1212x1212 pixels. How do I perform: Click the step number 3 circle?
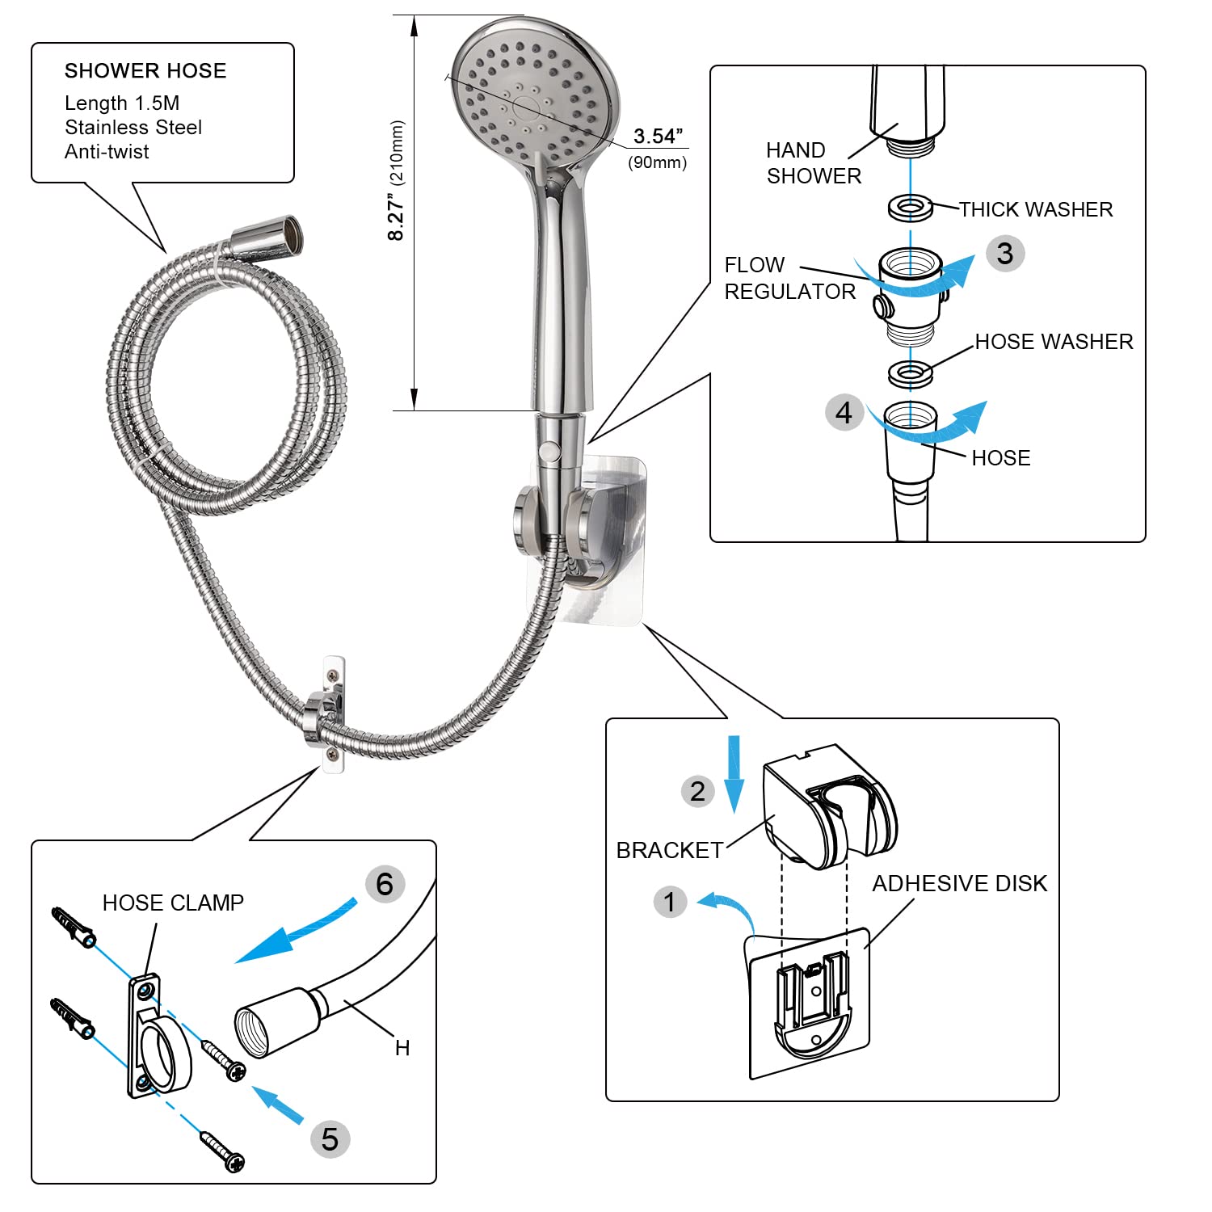click(x=1005, y=254)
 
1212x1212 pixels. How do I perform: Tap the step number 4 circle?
click(x=844, y=413)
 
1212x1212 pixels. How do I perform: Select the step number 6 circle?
click(x=385, y=884)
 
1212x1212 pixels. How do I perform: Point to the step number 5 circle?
click(x=330, y=1139)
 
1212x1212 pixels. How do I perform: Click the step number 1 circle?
click(x=670, y=902)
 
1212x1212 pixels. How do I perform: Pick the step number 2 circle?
click(x=697, y=791)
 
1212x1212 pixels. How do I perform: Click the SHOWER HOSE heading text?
click(x=145, y=71)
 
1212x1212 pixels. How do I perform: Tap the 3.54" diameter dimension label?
click(x=659, y=137)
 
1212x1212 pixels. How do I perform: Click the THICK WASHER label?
click(x=1035, y=209)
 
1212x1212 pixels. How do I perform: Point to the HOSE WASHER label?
click(x=1054, y=342)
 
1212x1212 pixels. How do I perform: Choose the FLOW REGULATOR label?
click(x=789, y=278)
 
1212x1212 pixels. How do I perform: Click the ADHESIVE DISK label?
click(x=959, y=884)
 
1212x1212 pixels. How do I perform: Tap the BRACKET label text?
click(x=669, y=850)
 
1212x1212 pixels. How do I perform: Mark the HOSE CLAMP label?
click(x=173, y=903)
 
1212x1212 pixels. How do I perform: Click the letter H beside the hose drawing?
click(x=402, y=1048)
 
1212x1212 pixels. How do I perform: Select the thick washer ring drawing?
click(x=911, y=208)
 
